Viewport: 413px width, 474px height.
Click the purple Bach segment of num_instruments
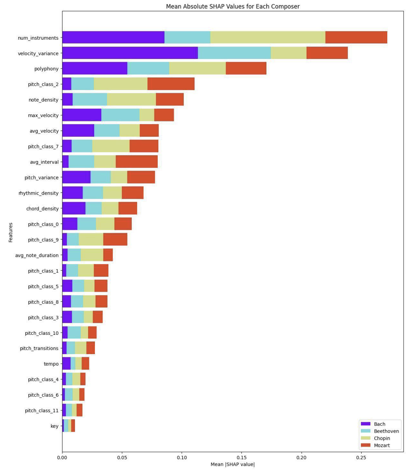tap(113, 38)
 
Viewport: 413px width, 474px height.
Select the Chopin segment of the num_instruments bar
tap(268, 38)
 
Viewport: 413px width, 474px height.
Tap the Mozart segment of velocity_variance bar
tap(327, 53)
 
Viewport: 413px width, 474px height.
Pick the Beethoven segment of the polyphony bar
tap(148, 68)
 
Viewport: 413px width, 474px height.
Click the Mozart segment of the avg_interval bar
tap(136, 162)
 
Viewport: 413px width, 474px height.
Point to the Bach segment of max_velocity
tap(82, 115)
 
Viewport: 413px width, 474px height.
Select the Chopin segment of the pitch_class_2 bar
tap(120, 84)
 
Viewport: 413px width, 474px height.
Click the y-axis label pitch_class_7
tap(43, 147)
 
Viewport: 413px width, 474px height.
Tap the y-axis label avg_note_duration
tap(37, 255)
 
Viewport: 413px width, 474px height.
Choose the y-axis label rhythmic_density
tap(38, 193)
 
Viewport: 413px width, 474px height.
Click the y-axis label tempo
tap(51, 364)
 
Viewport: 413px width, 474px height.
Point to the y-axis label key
tap(55, 426)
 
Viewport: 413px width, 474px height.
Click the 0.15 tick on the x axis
tap(241, 458)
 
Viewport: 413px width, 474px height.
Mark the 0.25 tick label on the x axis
tap(361, 458)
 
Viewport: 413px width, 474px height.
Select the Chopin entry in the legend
tap(381, 438)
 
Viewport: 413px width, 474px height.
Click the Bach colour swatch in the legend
tap(365, 424)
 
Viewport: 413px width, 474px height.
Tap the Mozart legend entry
tap(381, 445)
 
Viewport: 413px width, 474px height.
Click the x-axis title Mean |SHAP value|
tap(233, 465)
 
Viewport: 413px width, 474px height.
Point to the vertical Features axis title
tap(10, 232)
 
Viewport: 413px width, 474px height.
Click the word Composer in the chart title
tap(288, 6)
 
